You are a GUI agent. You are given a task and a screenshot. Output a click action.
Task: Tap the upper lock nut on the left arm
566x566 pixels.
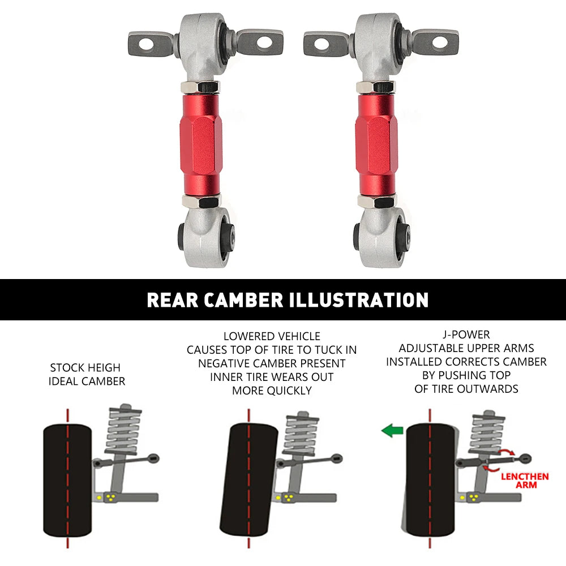[200, 87]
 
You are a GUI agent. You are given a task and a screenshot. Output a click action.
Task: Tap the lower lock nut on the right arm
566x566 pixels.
[376, 201]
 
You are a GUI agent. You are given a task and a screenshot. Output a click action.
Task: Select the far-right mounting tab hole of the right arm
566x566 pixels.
[439, 41]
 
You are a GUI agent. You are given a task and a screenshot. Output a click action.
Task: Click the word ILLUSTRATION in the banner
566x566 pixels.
[359, 300]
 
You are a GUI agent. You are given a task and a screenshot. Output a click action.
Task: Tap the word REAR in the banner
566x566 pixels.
[169, 300]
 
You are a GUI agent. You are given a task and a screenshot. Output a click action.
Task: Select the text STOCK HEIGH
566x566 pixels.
[85, 367]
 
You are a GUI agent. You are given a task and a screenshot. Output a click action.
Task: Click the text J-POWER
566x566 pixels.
[466, 335]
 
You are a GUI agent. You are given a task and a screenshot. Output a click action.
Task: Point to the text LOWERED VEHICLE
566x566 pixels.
[272, 336]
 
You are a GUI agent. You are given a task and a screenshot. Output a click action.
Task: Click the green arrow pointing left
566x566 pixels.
[391, 431]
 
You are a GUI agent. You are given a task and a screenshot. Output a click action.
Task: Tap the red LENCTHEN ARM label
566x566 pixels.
[524, 481]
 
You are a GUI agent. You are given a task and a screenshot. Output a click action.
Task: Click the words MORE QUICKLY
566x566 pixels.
[272, 391]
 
